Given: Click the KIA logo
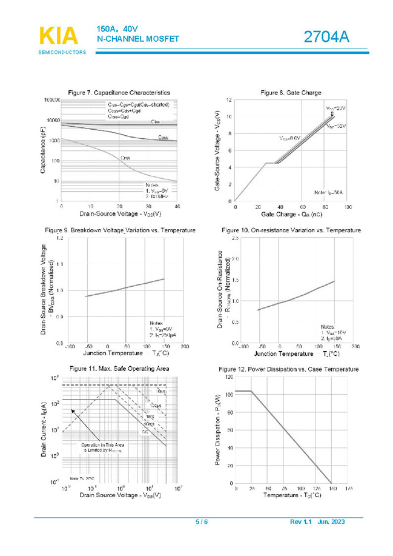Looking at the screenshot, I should click(x=59, y=36).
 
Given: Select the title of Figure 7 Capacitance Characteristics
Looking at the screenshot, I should click(x=119, y=92).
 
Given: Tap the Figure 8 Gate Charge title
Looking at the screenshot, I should click(x=291, y=92).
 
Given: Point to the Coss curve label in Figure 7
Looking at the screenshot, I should click(x=163, y=137).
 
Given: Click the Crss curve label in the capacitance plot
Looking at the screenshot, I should click(x=125, y=158).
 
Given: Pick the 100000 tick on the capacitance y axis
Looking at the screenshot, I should click(x=50, y=99).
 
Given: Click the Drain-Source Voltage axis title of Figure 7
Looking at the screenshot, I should click(x=120, y=214).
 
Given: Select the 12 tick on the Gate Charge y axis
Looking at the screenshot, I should click(x=228, y=99).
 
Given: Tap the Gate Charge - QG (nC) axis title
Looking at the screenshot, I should click(x=291, y=215).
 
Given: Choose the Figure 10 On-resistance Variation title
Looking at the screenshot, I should click(x=291, y=230).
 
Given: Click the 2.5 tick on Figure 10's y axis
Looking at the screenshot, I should click(x=235, y=239).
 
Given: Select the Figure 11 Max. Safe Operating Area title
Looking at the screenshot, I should click(x=119, y=368).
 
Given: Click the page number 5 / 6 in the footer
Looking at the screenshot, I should click(x=201, y=522).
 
